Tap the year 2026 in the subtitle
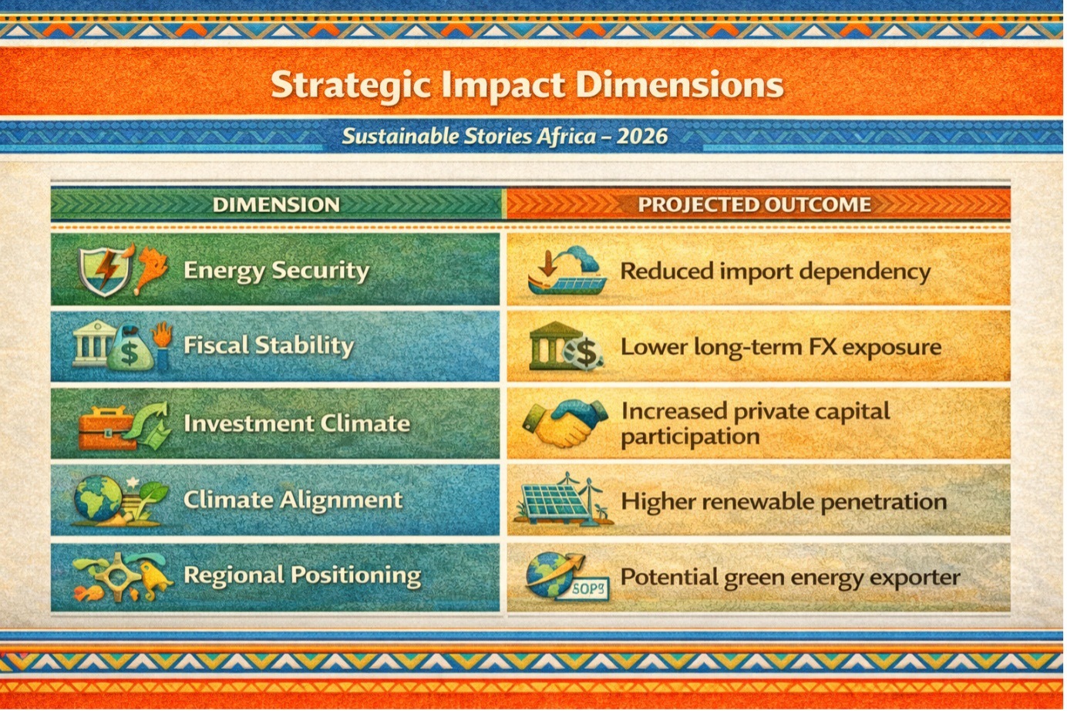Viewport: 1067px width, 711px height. click(641, 136)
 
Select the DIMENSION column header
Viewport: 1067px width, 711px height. click(276, 205)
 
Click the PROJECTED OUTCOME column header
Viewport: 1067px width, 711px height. click(754, 205)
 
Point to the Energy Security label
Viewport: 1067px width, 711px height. click(276, 271)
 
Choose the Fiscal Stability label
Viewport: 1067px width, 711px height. click(268, 345)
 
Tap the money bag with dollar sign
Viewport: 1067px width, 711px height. click(130, 348)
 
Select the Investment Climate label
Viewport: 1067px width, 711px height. click(297, 423)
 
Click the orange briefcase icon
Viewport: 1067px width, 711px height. click(106, 429)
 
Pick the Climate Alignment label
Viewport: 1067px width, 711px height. click(293, 500)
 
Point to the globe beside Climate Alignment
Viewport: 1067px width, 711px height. click(99, 498)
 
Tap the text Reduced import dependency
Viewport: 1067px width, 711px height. click(775, 272)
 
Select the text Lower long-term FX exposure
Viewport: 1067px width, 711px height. click(781, 347)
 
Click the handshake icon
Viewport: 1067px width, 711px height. click(565, 423)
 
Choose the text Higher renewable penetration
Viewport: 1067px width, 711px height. click(784, 502)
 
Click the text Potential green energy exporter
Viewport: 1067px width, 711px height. click(790, 578)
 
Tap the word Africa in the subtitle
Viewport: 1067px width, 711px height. click(566, 136)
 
